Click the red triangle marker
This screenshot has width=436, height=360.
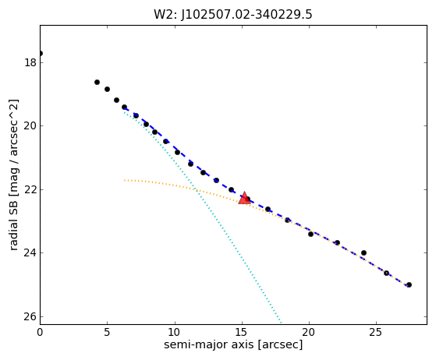(x=244, y=198)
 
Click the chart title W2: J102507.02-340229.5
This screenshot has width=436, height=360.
(x=233, y=15)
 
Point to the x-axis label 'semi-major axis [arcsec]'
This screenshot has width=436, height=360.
(x=233, y=344)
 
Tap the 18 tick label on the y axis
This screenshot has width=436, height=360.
(x=30, y=62)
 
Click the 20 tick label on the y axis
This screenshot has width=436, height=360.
(x=30, y=125)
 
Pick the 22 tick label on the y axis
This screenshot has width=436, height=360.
(x=30, y=189)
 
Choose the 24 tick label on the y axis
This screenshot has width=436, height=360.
(x=30, y=252)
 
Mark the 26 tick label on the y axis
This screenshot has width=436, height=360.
(x=30, y=316)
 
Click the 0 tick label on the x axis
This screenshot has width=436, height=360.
(x=40, y=332)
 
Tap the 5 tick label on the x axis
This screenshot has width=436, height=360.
(x=108, y=332)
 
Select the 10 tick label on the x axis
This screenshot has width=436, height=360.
(x=175, y=332)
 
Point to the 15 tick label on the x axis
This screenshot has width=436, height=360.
(x=242, y=332)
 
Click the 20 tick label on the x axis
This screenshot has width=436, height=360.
(x=309, y=332)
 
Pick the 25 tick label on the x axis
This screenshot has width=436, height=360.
(x=376, y=332)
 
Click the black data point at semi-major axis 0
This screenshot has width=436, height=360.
(x=41, y=53)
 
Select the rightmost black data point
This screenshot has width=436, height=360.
(x=409, y=284)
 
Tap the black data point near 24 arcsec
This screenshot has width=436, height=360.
(x=363, y=252)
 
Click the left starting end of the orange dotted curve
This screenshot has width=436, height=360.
(x=125, y=180)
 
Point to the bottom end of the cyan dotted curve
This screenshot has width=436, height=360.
(x=282, y=323)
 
